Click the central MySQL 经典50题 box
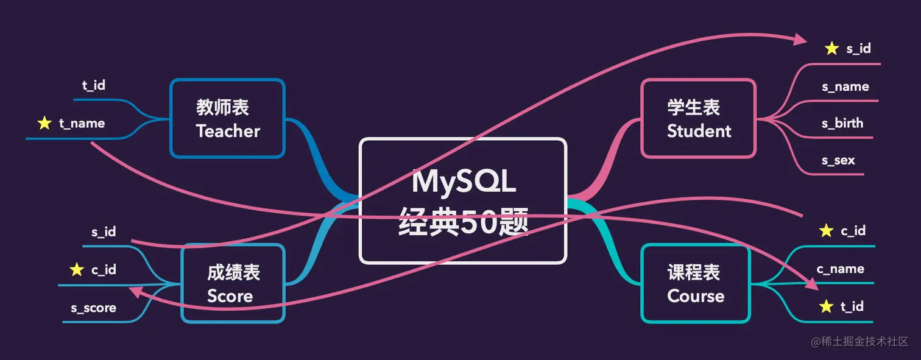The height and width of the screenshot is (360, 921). tap(463, 201)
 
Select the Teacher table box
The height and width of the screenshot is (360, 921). tap(228, 119)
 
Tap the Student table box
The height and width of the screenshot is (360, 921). tap(699, 119)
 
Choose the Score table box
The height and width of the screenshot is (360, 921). tap(233, 283)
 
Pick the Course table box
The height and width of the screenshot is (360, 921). tap(695, 283)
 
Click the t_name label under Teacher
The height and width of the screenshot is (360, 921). tap(82, 124)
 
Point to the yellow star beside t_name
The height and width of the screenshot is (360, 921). tap(44, 124)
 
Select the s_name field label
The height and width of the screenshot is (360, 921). tap(845, 86)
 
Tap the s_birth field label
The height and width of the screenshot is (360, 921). tap(842, 123)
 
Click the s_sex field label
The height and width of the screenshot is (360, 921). tap(838, 160)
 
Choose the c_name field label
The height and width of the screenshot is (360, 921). tap(840, 269)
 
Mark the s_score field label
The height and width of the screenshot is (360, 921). tap(93, 308)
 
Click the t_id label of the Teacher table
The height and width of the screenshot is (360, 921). tap(94, 85)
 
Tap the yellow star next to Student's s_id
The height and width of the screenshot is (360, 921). tap(831, 49)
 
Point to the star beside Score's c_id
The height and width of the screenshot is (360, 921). tap(77, 270)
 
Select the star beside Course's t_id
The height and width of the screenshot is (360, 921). tap(826, 306)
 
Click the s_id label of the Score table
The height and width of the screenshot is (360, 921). tap(104, 231)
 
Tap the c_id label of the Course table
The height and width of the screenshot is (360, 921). tap(853, 231)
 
